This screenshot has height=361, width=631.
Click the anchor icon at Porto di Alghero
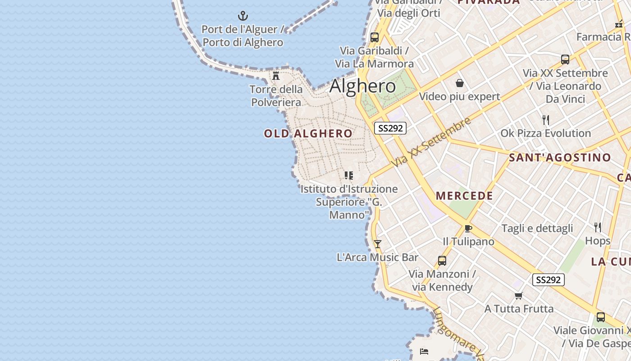coord(243,16)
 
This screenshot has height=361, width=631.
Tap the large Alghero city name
coord(363,86)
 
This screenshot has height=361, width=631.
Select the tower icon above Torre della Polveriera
coord(276,75)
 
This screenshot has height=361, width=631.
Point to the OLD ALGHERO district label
coord(308,134)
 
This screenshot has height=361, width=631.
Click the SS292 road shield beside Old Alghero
coord(390,128)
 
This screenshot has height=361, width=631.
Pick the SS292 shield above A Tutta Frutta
coord(548,280)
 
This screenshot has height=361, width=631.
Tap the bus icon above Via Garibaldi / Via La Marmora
coord(375,37)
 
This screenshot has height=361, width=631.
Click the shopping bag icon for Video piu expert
coord(460,83)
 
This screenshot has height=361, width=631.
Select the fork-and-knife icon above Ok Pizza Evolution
coord(546,120)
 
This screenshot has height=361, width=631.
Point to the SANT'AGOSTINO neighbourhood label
coord(560,157)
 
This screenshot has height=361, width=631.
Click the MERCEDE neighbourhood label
coord(464,196)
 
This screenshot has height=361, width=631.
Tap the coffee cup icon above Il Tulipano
coord(468,228)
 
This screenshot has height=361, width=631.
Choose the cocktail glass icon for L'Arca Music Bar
coord(378,244)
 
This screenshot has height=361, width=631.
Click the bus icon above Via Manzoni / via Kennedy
coord(442,261)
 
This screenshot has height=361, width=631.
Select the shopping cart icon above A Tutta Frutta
coord(519,296)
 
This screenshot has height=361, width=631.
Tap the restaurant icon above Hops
coord(598,227)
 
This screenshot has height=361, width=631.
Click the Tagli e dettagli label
coord(537,228)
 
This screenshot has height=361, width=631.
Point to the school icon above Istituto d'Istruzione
coord(349,176)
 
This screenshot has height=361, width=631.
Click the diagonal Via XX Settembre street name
coord(431,142)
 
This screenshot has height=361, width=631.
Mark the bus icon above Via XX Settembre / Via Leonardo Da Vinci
coord(565,60)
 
